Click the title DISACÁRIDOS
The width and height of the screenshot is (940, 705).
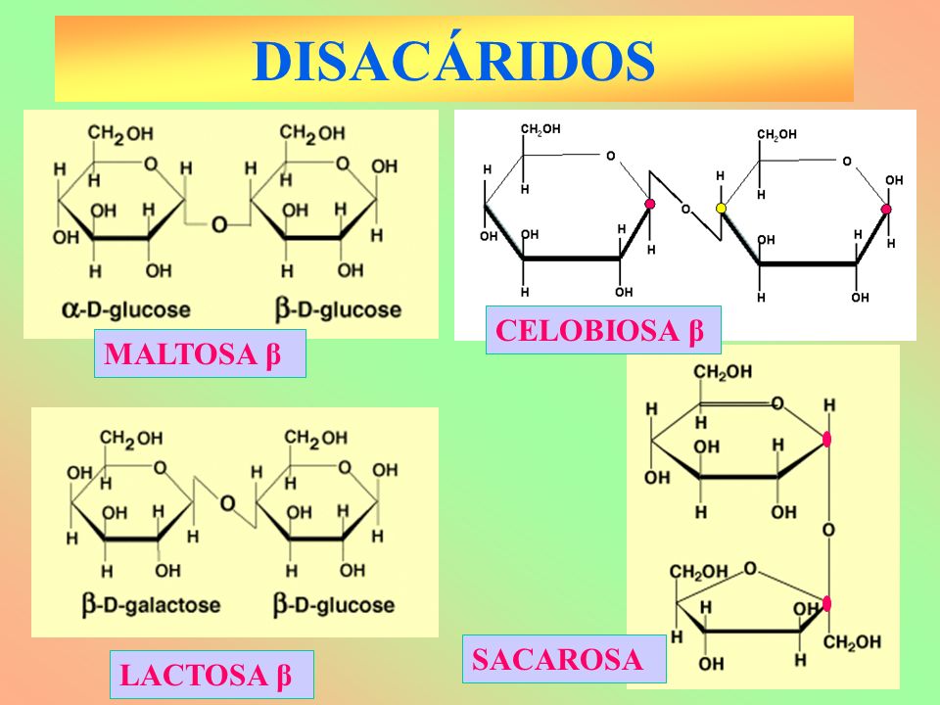pos(453,61)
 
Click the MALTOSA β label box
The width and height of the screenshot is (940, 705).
pos(200,354)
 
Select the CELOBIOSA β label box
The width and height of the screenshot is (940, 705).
pos(603,330)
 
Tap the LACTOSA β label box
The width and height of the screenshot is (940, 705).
pos(211,675)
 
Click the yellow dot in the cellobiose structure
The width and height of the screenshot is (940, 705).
pos(721,208)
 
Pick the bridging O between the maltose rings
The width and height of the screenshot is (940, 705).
pos(219,224)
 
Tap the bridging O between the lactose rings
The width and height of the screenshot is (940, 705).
pos(227,503)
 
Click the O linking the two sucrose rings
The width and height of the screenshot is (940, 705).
pos(828,530)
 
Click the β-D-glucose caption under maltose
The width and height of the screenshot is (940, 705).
pos(339,310)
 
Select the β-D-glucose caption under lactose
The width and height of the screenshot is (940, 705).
pos(334,604)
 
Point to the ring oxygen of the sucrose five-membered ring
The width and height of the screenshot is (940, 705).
pos(750,568)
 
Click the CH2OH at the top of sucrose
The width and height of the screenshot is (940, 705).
pos(723,372)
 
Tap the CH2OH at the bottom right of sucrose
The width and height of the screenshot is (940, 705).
pos(852,642)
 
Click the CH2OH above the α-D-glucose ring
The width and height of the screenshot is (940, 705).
pos(119,132)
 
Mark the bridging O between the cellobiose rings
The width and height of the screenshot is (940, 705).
pos(685,209)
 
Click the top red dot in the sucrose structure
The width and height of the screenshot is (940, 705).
pos(828,440)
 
